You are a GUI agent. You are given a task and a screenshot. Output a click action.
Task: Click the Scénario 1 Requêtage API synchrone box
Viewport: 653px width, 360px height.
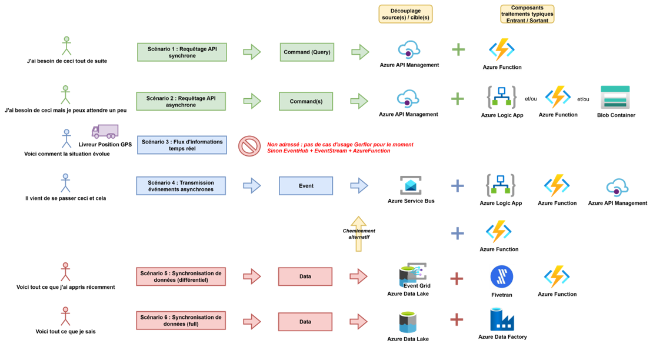pos(181,52)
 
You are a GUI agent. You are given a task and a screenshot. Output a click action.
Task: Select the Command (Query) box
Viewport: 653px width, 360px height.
pos(306,52)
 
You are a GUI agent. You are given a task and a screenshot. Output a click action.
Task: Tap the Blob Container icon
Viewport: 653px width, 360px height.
pos(615,97)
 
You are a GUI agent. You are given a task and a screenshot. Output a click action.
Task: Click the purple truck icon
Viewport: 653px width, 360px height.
pos(105,131)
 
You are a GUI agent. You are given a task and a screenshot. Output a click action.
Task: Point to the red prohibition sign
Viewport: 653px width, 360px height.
pos(249,145)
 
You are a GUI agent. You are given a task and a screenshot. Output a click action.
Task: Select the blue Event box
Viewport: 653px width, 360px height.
pos(306,186)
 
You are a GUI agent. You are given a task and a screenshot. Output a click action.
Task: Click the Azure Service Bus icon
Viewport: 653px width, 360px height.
pos(411,185)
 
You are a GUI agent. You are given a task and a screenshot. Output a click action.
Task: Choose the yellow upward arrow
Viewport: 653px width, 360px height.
pos(358,234)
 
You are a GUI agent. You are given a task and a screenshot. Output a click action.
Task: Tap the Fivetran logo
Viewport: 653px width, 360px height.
pos(502,276)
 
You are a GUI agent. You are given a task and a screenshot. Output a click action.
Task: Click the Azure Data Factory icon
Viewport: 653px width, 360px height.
pos(502,319)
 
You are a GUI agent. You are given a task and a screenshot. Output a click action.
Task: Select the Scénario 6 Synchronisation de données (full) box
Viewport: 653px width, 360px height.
pos(181,321)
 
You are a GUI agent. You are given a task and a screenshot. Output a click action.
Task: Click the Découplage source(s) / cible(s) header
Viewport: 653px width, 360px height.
pos(405,14)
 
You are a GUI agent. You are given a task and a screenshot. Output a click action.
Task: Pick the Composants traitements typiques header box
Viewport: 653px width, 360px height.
pos(527,14)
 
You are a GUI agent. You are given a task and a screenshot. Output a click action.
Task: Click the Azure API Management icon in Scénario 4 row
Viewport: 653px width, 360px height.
pos(617,187)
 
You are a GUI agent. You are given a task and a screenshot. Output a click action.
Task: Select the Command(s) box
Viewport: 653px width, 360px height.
pos(306,101)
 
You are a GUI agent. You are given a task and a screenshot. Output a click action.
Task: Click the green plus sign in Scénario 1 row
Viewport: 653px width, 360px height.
pos(458,49)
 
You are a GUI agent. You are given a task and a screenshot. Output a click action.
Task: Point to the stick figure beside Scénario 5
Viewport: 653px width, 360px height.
pos(65,272)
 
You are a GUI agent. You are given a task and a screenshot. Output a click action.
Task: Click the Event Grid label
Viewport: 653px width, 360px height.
pos(417,285)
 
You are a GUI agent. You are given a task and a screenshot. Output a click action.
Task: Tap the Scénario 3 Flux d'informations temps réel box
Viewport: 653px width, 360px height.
pos(182,145)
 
